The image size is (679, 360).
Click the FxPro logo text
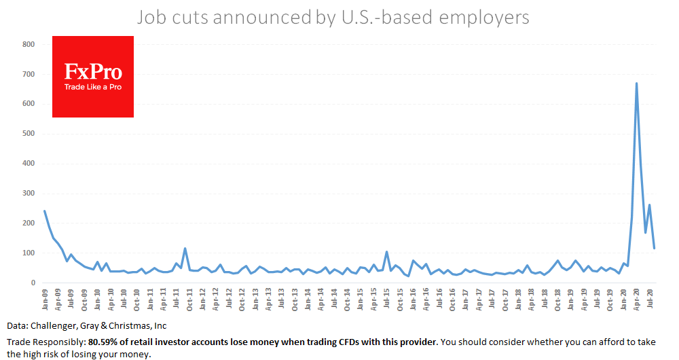pyautogui.click(x=93, y=71)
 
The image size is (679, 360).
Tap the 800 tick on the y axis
pyautogui.click(x=28, y=44)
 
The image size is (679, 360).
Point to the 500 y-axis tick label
pyautogui.click(x=28, y=134)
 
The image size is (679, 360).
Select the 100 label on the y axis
pyautogui.click(x=28, y=253)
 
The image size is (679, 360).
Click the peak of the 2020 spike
pyautogui.click(x=636, y=84)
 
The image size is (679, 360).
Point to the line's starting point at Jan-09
pyautogui.click(x=45, y=211)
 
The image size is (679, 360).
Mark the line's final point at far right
pyautogui.click(x=655, y=249)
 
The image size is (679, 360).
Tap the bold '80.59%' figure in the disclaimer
pyautogui.click(x=103, y=341)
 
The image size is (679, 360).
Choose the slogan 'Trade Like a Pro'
pyautogui.click(x=93, y=87)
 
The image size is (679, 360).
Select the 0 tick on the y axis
pyautogui.click(x=32, y=283)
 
